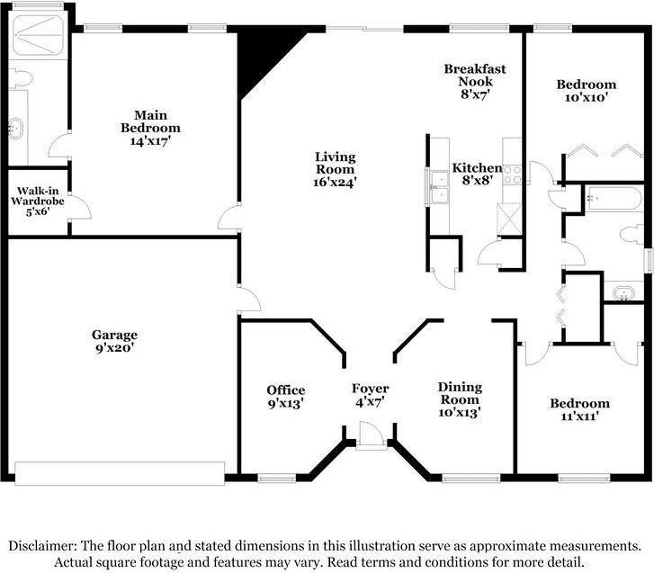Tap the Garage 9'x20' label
pyautogui.click(x=114, y=341)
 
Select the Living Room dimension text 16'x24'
pyautogui.click(x=335, y=183)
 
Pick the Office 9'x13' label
pyautogui.click(x=286, y=397)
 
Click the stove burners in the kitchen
pyautogui.click(x=512, y=175)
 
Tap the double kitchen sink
pyautogui.click(x=439, y=186)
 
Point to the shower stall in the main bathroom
pyautogui.click(x=38, y=35)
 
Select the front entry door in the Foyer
pyautogui.click(x=372, y=434)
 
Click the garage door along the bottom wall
pyautogui.click(x=120, y=473)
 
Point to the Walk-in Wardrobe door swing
pyautogui.click(x=81, y=206)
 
